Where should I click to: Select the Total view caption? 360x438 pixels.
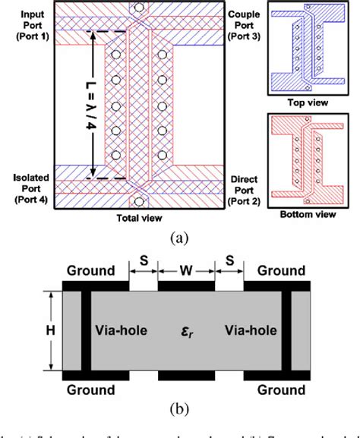point(138,219)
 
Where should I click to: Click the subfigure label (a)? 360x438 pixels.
point(181,238)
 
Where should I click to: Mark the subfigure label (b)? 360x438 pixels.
point(181,409)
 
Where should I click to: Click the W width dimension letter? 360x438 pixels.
point(187,269)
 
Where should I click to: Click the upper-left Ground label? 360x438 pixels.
point(90,270)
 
